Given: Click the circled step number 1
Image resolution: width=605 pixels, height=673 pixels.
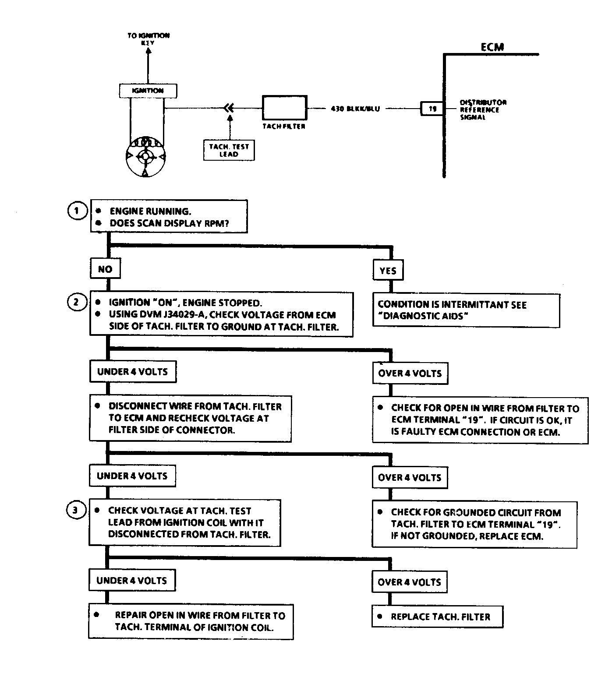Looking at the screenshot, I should point(77,211).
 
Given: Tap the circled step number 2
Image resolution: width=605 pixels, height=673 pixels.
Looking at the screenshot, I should point(76,302).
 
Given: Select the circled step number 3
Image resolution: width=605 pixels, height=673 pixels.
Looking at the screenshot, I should point(75,510).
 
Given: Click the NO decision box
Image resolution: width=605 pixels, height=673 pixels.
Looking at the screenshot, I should point(105,269).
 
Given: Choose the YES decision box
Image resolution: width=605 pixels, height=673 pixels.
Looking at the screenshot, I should point(388,271).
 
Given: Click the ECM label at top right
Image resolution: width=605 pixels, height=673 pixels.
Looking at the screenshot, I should point(492,47).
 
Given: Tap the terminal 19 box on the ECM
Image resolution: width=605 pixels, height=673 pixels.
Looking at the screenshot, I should point(432,109).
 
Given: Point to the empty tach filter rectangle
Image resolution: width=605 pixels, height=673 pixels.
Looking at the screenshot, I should point(284,108).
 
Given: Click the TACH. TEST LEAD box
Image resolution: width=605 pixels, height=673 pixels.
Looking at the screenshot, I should point(229,150).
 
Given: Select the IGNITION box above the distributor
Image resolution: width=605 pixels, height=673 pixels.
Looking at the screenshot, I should point(148,91).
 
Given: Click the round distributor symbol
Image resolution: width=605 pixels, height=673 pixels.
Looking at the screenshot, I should point(145,157).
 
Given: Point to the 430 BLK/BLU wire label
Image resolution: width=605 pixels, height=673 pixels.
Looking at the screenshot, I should point(355,109).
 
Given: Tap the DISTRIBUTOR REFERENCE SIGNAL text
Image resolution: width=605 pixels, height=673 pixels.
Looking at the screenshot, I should point(483,109).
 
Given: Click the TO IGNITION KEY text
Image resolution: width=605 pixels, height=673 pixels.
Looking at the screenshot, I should point(149,39).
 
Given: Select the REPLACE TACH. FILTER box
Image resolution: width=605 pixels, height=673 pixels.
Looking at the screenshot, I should point(437,617).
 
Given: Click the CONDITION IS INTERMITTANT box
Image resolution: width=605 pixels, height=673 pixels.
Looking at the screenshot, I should point(466,310).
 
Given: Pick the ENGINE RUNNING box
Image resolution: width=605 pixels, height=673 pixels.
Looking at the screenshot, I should point(169,217).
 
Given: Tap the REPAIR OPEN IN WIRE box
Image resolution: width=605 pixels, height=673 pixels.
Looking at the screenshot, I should point(191,621).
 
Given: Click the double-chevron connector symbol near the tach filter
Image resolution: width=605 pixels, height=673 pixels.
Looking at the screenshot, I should point(229,108).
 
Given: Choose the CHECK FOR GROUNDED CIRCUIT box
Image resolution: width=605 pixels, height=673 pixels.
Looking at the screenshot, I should point(474,524).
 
